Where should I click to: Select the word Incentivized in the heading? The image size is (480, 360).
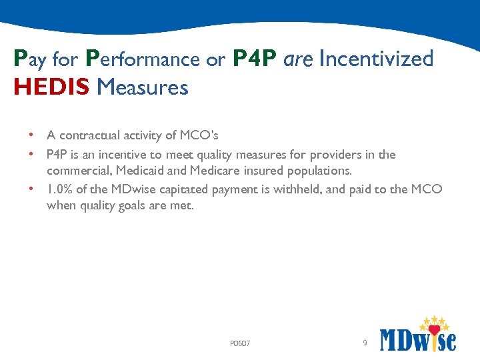[376, 59]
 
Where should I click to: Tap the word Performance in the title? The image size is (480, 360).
[143, 59]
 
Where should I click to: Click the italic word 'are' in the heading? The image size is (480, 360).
[299, 59]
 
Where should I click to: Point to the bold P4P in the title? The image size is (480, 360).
[255, 59]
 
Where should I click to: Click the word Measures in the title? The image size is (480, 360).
[142, 87]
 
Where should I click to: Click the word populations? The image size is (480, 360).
[317, 171]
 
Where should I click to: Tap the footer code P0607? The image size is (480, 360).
[239, 344]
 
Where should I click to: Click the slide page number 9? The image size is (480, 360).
[364, 343]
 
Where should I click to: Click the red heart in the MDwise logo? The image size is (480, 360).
[435, 330]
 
